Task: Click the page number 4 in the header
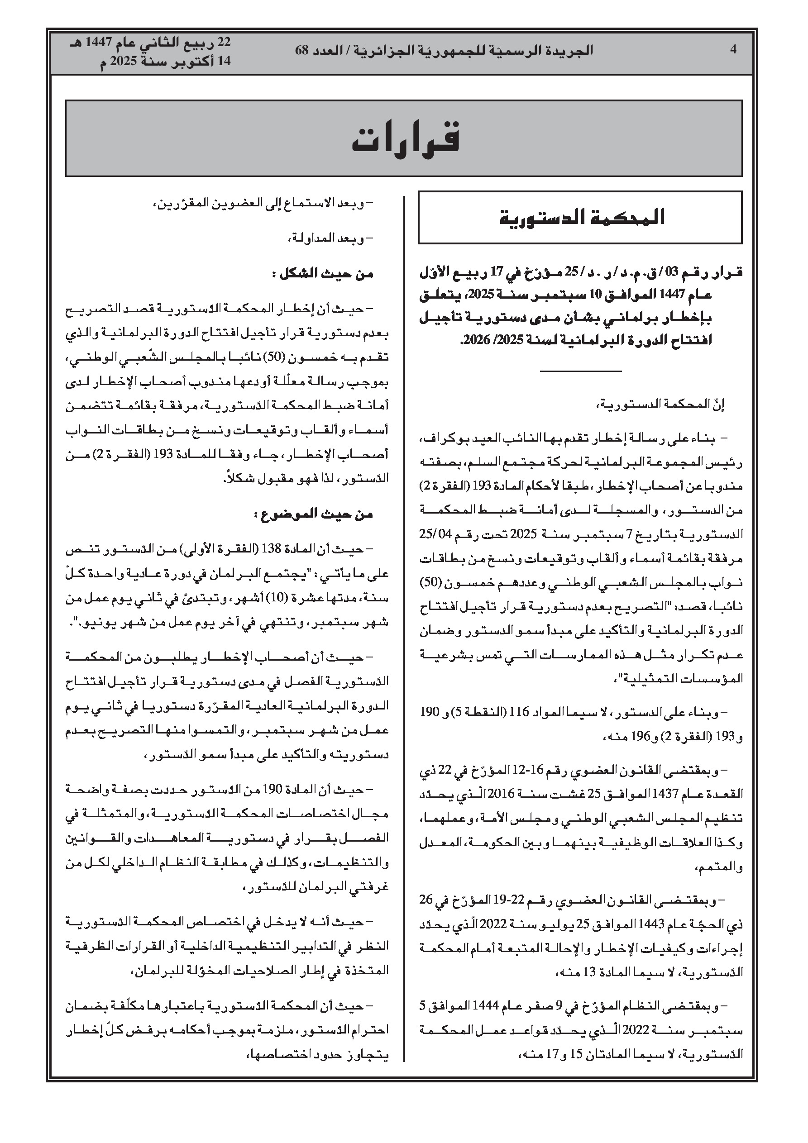(x=733, y=50)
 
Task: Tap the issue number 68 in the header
(x=303, y=51)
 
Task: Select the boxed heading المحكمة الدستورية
(x=582, y=218)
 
